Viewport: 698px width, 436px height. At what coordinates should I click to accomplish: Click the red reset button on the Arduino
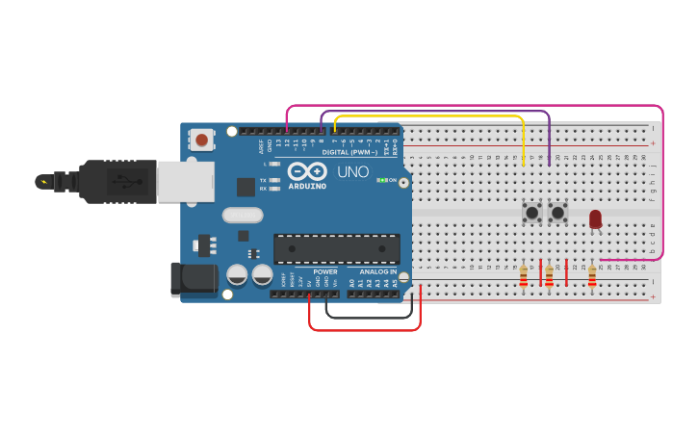click(x=201, y=140)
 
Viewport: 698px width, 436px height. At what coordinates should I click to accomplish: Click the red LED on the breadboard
click(x=595, y=218)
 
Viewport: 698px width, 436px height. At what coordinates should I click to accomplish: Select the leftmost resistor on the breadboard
click(x=523, y=277)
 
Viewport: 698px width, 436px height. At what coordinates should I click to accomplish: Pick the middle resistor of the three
click(x=549, y=277)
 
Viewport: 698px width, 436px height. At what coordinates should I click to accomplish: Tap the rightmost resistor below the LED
click(x=592, y=277)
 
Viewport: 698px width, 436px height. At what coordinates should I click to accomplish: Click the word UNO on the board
click(x=352, y=172)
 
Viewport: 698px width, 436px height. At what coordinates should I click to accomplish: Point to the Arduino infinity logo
click(x=307, y=170)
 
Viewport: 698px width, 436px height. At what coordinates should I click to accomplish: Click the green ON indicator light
click(x=381, y=180)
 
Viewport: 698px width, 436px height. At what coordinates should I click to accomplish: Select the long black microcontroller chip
click(x=336, y=248)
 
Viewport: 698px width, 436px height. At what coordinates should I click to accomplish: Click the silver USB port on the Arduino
click(x=185, y=180)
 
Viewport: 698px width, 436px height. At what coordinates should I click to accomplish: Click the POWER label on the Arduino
click(x=325, y=271)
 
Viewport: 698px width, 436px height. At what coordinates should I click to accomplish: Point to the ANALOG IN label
click(x=378, y=271)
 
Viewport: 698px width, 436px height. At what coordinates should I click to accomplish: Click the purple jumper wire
click(x=433, y=111)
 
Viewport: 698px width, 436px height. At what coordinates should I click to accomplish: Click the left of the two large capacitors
click(x=237, y=274)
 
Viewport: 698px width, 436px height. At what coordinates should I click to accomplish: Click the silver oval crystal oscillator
click(x=243, y=215)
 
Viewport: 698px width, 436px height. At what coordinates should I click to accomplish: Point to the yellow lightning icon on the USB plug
click(x=43, y=181)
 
